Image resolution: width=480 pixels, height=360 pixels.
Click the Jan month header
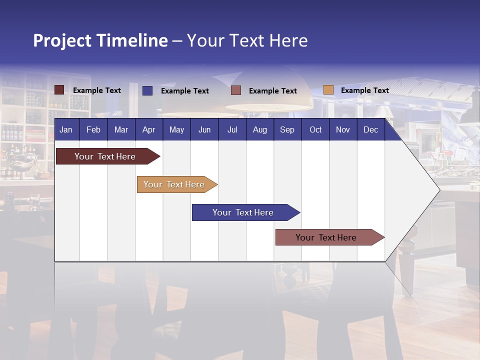point(66,130)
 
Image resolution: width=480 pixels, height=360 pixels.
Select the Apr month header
point(148,130)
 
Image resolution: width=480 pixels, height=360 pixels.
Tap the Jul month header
point(232,130)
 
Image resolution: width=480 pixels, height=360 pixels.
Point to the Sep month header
point(287,130)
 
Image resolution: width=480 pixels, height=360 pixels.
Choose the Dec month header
point(370,130)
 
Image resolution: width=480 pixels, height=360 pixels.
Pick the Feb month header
point(93,130)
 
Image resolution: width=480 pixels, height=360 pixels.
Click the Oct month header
point(315,130)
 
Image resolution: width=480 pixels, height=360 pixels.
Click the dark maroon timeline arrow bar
point(105,156)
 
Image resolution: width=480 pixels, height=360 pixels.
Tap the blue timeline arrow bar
point(243,212)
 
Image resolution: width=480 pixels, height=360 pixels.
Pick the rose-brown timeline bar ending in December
point(326,237)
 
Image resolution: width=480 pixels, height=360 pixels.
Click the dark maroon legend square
point(59,90)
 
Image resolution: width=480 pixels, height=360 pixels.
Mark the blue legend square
point(147,90)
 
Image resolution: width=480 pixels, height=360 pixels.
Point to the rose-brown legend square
point(236,90)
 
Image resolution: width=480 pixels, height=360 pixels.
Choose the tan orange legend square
point(328,90)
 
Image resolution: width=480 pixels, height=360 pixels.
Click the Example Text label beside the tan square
point(364,90)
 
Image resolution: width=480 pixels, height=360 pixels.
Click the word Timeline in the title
point(132,40)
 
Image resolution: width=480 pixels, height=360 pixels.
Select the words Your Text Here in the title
point(247,40)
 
